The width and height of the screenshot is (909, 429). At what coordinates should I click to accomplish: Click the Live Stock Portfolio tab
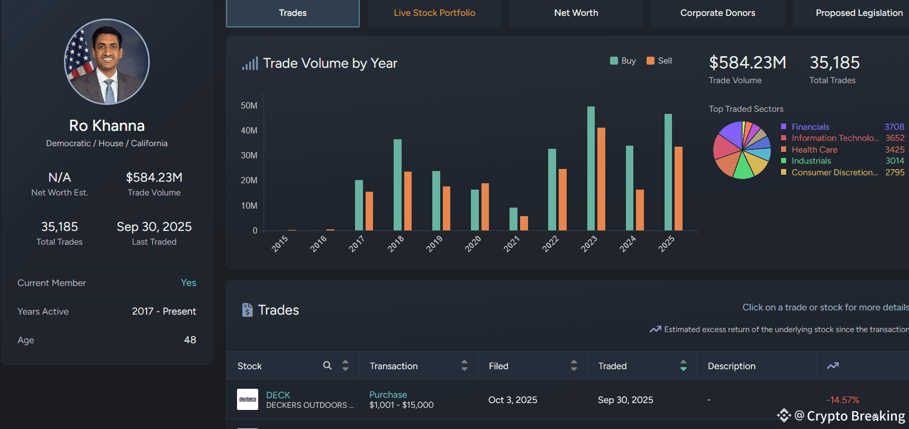tap(434, 13)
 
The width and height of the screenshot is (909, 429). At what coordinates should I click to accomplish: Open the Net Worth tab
tap(576, 13)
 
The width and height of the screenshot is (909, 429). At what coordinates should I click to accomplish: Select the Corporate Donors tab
tap(717, 13)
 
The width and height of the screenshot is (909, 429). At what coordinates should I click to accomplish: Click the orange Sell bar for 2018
tap(408, 201)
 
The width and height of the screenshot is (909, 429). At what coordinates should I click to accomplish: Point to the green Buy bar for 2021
tap(513, 219)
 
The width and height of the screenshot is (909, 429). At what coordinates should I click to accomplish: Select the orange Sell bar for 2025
tap(678, 189)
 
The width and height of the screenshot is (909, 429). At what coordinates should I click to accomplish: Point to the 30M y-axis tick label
tap(249, 156)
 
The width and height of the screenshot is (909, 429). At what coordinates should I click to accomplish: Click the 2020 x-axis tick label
tap(473, 244)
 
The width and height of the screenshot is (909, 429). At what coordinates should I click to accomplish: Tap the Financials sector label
tap(810, 127)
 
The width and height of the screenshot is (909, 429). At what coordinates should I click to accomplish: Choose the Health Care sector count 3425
tap(895, 150)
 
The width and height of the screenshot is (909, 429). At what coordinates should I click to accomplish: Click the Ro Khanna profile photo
tap(107, 62)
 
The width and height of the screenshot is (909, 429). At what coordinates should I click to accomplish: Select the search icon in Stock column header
tap(328, 365)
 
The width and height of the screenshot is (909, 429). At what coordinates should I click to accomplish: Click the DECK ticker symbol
tap(278, 395)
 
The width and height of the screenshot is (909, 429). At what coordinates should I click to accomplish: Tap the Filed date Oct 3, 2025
tap(513, 400)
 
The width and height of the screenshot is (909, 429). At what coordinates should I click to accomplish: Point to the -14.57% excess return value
tap(842, 400)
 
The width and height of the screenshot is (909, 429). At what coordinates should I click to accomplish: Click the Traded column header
tap(612, 366)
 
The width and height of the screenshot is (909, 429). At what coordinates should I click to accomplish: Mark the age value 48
tap(190, 340)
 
